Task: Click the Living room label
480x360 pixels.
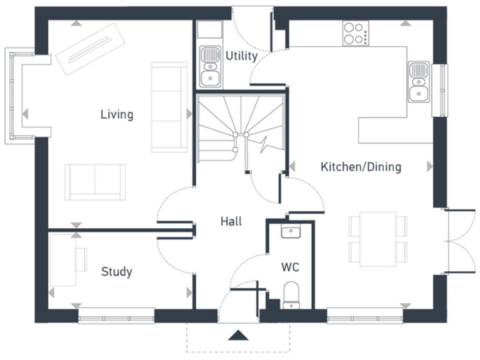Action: (117, 114)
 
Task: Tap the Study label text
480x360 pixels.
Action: (116, 272)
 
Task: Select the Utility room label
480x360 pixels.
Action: (241, 56)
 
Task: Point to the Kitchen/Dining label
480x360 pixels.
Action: (361, 167)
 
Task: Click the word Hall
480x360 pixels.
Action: (231, 221)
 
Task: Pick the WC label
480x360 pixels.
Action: (290, 267)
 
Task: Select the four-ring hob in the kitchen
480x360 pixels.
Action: (355, 33)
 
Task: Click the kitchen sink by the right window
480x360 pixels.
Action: (418, 82)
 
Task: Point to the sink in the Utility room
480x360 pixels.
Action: (209, 66)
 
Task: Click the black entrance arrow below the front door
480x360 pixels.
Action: (237, 336)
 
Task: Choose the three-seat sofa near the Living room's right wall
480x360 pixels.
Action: (169, 107)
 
